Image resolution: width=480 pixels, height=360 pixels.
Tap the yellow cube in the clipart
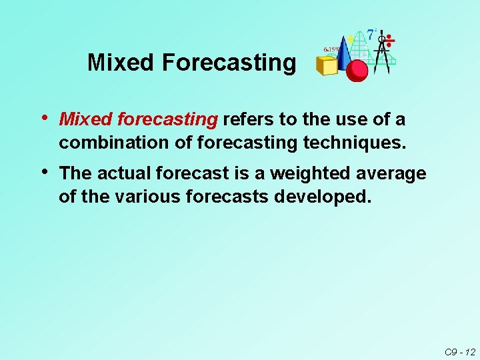[327, 65]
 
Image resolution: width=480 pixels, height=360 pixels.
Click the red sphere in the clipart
[357, 69]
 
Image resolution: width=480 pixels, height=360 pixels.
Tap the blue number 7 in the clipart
[371, 34]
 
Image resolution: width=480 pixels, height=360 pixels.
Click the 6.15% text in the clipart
[332, 49]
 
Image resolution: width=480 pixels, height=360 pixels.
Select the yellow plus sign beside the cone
[351, 39]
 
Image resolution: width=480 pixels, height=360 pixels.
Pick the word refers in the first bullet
[247, 120]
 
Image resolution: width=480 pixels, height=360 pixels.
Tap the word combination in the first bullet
[103, 143]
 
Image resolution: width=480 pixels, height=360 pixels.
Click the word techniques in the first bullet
[353, 143]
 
